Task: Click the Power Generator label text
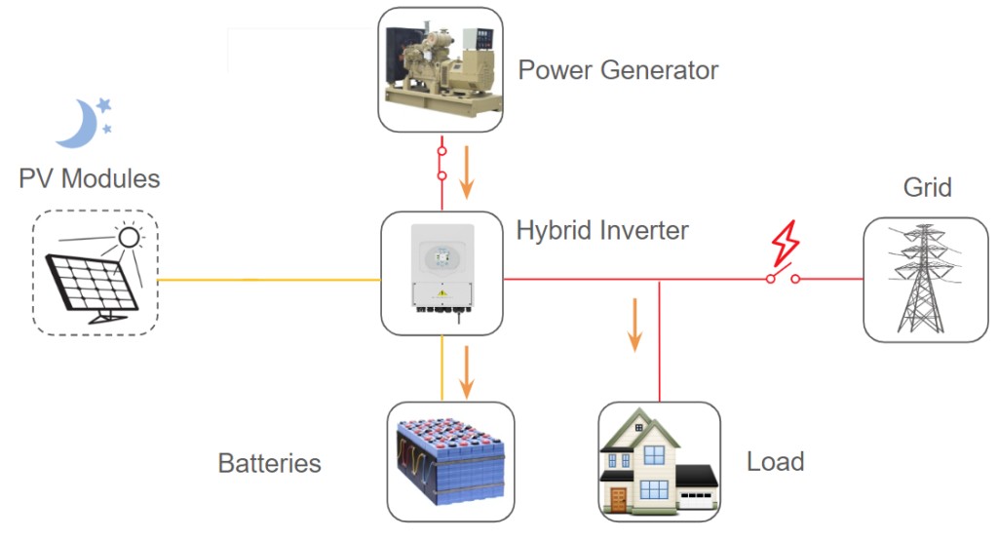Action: coord(618,71)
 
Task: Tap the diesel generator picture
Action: coord(440,69)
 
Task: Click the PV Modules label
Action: coord(89,179)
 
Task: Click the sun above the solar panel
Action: coord(128,237)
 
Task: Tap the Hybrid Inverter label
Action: coord(602,231)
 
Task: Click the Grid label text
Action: coord(927,187)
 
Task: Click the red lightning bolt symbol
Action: coord(785,244)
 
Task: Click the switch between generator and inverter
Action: coord(441,164)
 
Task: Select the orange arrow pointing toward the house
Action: coord(635,325)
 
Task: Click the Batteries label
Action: coord(270,463)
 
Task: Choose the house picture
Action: coord(658,463)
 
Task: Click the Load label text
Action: coord(775,461)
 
